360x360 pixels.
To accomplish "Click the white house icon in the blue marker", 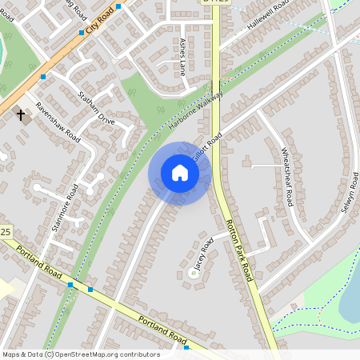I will (x=180, y=173).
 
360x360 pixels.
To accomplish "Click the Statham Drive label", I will (x=96, y=108).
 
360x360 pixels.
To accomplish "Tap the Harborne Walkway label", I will (x=195, y=110).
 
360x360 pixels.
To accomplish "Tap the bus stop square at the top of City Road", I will (x=118, y=6).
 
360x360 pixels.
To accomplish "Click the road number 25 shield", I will (x=6, y=232).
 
